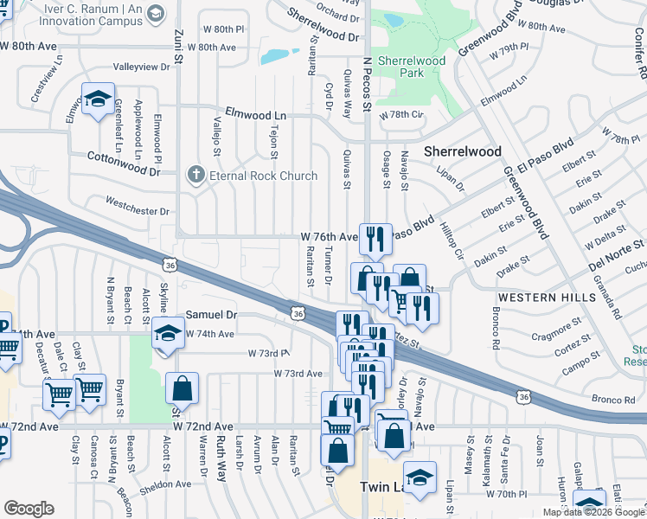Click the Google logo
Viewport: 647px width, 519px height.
tap(29, 509)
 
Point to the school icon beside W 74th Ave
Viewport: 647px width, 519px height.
tap(167, 334)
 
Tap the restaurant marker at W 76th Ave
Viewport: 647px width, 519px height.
tap(375, 239)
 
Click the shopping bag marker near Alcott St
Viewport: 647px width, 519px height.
tap(182, 388)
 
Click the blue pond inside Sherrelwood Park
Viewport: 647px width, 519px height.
tap(393, 19)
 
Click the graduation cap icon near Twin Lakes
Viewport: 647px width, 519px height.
tap(420, 478)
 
